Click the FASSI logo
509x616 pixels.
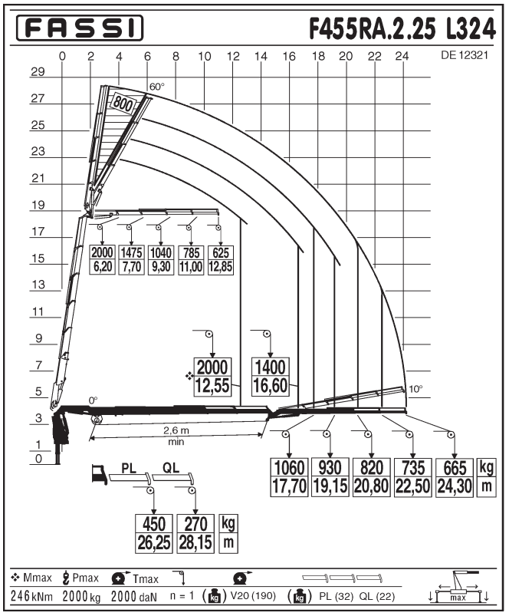point(80,28)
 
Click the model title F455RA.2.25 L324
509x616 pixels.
point(402,28)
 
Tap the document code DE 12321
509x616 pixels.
point(465,55)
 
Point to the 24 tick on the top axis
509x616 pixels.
point(402,56)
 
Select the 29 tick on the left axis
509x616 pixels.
point(38,72)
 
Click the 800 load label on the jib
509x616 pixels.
point(123,104)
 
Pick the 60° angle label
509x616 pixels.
point(157,87)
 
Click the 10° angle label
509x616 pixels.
point(416,389)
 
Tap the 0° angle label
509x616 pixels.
point(93,400)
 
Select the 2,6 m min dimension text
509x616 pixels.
point(176,436)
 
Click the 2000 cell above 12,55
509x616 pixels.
point(212,367)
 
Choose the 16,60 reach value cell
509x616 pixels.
point(271,386)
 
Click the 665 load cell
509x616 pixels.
point(455,468)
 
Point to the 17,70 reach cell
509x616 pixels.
point(289,486)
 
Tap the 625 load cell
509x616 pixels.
point(221,252)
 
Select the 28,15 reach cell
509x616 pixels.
point(195,543)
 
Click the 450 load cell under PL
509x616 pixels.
point(154,524)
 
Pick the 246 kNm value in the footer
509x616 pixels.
point(31,596)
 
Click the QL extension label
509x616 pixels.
point(171,468)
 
